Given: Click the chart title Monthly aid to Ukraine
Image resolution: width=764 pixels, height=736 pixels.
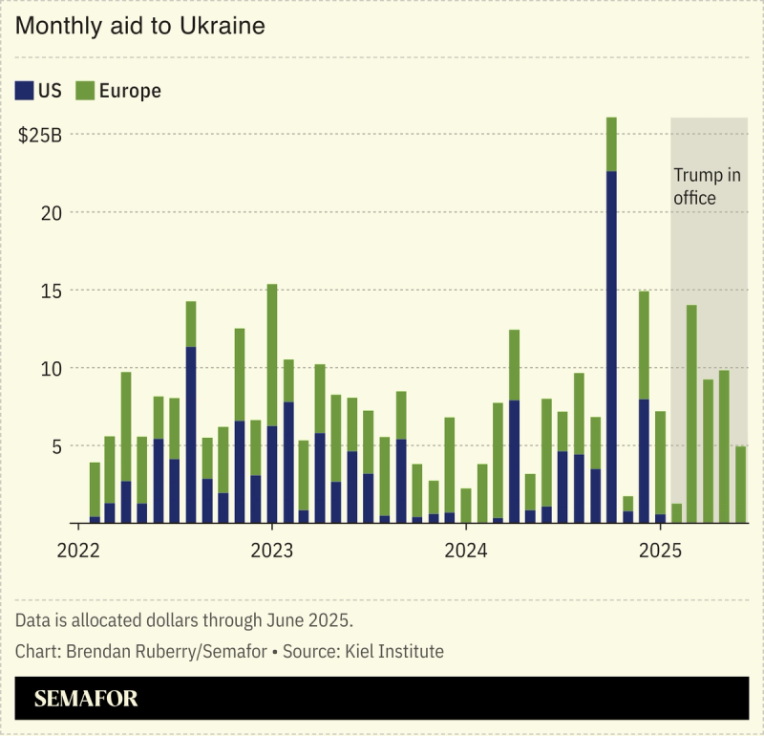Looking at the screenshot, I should (139, 27).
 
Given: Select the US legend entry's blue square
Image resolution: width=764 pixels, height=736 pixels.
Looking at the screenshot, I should (24, 91).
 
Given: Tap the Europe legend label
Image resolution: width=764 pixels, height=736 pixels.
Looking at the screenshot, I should (130, 91).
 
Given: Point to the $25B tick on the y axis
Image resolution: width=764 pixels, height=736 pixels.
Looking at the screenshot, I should (40, 135).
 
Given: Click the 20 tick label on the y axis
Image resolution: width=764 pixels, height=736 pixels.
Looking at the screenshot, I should (53, 212).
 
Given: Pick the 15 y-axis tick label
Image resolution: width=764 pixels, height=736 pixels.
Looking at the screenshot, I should (53, 291).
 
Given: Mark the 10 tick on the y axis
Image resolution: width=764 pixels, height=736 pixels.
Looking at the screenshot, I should (53, 368).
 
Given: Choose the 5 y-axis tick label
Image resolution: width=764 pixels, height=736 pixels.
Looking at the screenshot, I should (57, 445).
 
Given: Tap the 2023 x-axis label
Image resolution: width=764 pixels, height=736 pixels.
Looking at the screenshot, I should (271, 551).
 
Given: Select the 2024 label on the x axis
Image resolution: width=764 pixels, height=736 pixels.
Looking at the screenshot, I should (466, 551).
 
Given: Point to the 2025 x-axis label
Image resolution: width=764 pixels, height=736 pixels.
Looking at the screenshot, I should (660, 551).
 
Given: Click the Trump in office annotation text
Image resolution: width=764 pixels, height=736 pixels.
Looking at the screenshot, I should (708, 186).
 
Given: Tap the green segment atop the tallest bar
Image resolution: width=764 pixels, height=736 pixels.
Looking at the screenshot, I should (611, 144).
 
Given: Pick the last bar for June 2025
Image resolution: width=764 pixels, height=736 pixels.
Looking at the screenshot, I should (740, 485).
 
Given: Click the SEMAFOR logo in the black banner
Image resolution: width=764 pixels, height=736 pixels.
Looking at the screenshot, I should (86, 699).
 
